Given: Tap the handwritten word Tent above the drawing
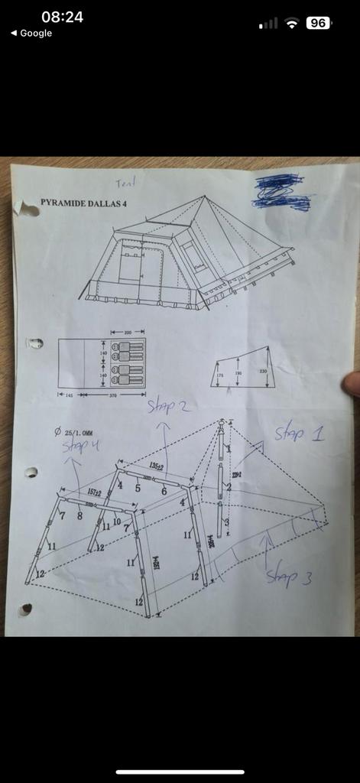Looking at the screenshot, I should click(125, 184).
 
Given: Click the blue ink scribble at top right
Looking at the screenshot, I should click(282, 192).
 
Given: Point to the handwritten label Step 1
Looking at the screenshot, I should click(299, 434).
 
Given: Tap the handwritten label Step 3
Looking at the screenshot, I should click(289, 577).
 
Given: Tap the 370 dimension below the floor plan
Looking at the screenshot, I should click(112, 395).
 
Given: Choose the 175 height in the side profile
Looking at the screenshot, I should click(220, 375).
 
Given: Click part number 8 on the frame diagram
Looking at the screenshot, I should click(79, 516).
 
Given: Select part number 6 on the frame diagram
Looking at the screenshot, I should click(164, 491).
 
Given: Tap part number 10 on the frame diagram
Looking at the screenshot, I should click(116, 521).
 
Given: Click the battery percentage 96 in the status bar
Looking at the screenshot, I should click(318, 23).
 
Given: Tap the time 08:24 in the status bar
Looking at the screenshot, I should click(62, 17).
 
